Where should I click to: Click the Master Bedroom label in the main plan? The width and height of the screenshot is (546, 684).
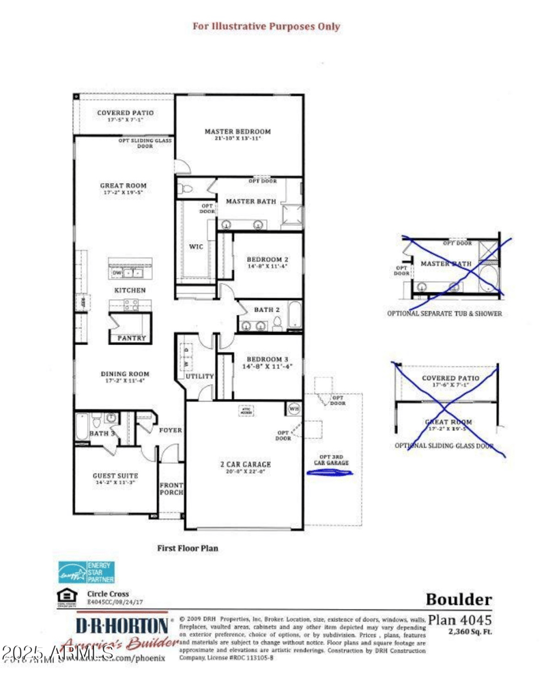[x=238, y=132]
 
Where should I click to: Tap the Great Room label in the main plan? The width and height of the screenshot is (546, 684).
[x=124, y=185]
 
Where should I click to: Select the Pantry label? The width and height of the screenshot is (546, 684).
[x=131, y=338]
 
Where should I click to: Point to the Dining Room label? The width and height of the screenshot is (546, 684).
[x=125, y=374]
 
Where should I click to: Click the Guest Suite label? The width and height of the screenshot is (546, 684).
[x=115, y=476]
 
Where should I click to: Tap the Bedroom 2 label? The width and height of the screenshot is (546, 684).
[x=268, y=260]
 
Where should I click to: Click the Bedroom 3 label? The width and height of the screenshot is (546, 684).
[x=268, y=359]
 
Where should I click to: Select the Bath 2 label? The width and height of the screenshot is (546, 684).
[x=268, y=310]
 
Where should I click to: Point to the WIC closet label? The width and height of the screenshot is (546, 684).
[x=197, y=246]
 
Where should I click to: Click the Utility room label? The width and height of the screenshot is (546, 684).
[x=200, y=376]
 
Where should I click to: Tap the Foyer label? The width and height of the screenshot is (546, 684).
[x=170, y=430]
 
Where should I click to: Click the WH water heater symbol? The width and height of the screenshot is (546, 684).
[x=295, y=408]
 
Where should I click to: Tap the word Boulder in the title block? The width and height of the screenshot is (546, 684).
[x=459, y=600]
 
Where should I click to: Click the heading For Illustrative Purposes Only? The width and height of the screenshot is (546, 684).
[x=266, y=27]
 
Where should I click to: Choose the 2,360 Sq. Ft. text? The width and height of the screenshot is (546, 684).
[x=470, y=631]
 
